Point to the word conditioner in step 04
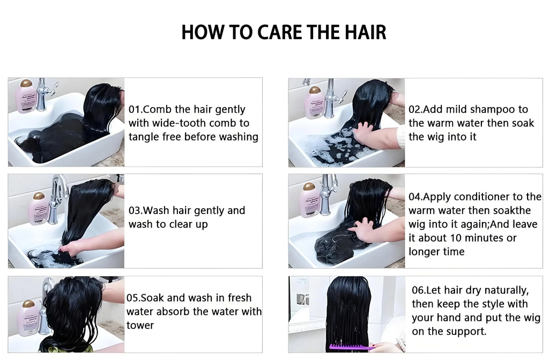coord(480,197)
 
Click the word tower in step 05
coord(140,325)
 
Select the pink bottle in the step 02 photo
coord(314,102)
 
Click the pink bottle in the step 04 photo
coord(309,200)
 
